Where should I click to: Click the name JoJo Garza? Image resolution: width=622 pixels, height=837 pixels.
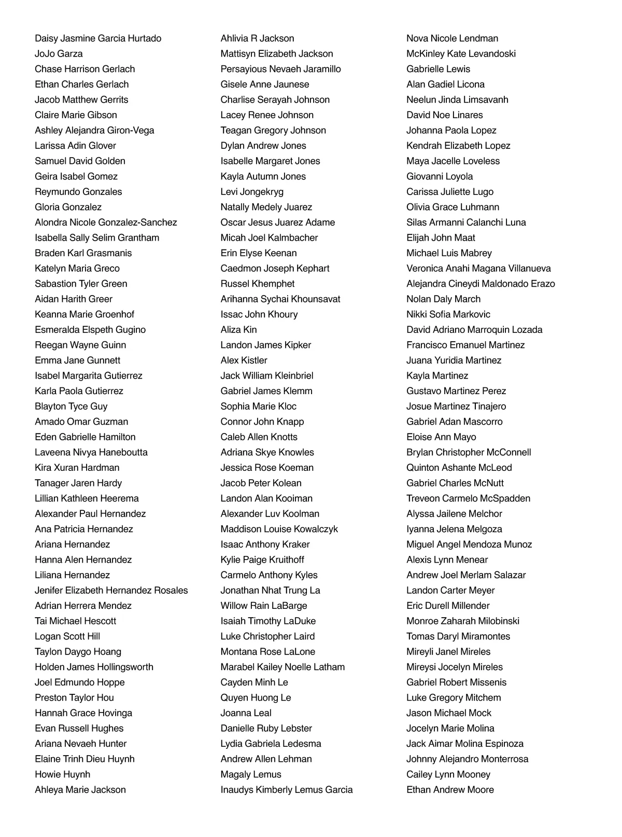[x=59, y=53]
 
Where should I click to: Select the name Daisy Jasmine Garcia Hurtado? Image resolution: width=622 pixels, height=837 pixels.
[x=98, y=38]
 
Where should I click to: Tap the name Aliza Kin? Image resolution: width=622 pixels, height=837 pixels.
[x=238, y=330]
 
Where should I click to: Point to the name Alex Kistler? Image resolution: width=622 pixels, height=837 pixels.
[x=244, y=360]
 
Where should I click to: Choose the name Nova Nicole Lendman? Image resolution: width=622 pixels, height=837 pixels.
[x=452, y=38]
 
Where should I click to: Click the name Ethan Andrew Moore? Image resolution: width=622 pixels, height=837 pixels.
[x=450, y=790]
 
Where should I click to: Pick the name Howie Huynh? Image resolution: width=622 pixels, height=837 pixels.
[x=62, y=774]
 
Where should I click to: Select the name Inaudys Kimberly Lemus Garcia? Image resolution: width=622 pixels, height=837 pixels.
[x=286, y=790]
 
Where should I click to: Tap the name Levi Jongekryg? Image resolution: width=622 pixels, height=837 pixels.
[x=252, y=192]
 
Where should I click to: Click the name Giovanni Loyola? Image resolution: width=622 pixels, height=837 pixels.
[x=440, y=176]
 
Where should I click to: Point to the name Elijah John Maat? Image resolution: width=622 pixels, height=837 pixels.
[x=441, y=238]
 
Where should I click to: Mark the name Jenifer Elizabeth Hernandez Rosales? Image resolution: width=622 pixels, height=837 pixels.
[x=111, y=591]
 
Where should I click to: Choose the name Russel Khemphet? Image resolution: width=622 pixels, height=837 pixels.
[x=257, y=284]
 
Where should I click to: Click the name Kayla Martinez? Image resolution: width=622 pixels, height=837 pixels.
[x=437, y=376]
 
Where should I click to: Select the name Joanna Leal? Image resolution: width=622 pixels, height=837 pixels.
[x=246, y=713]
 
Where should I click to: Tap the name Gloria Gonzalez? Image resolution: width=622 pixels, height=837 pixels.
[x=68, y=207]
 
